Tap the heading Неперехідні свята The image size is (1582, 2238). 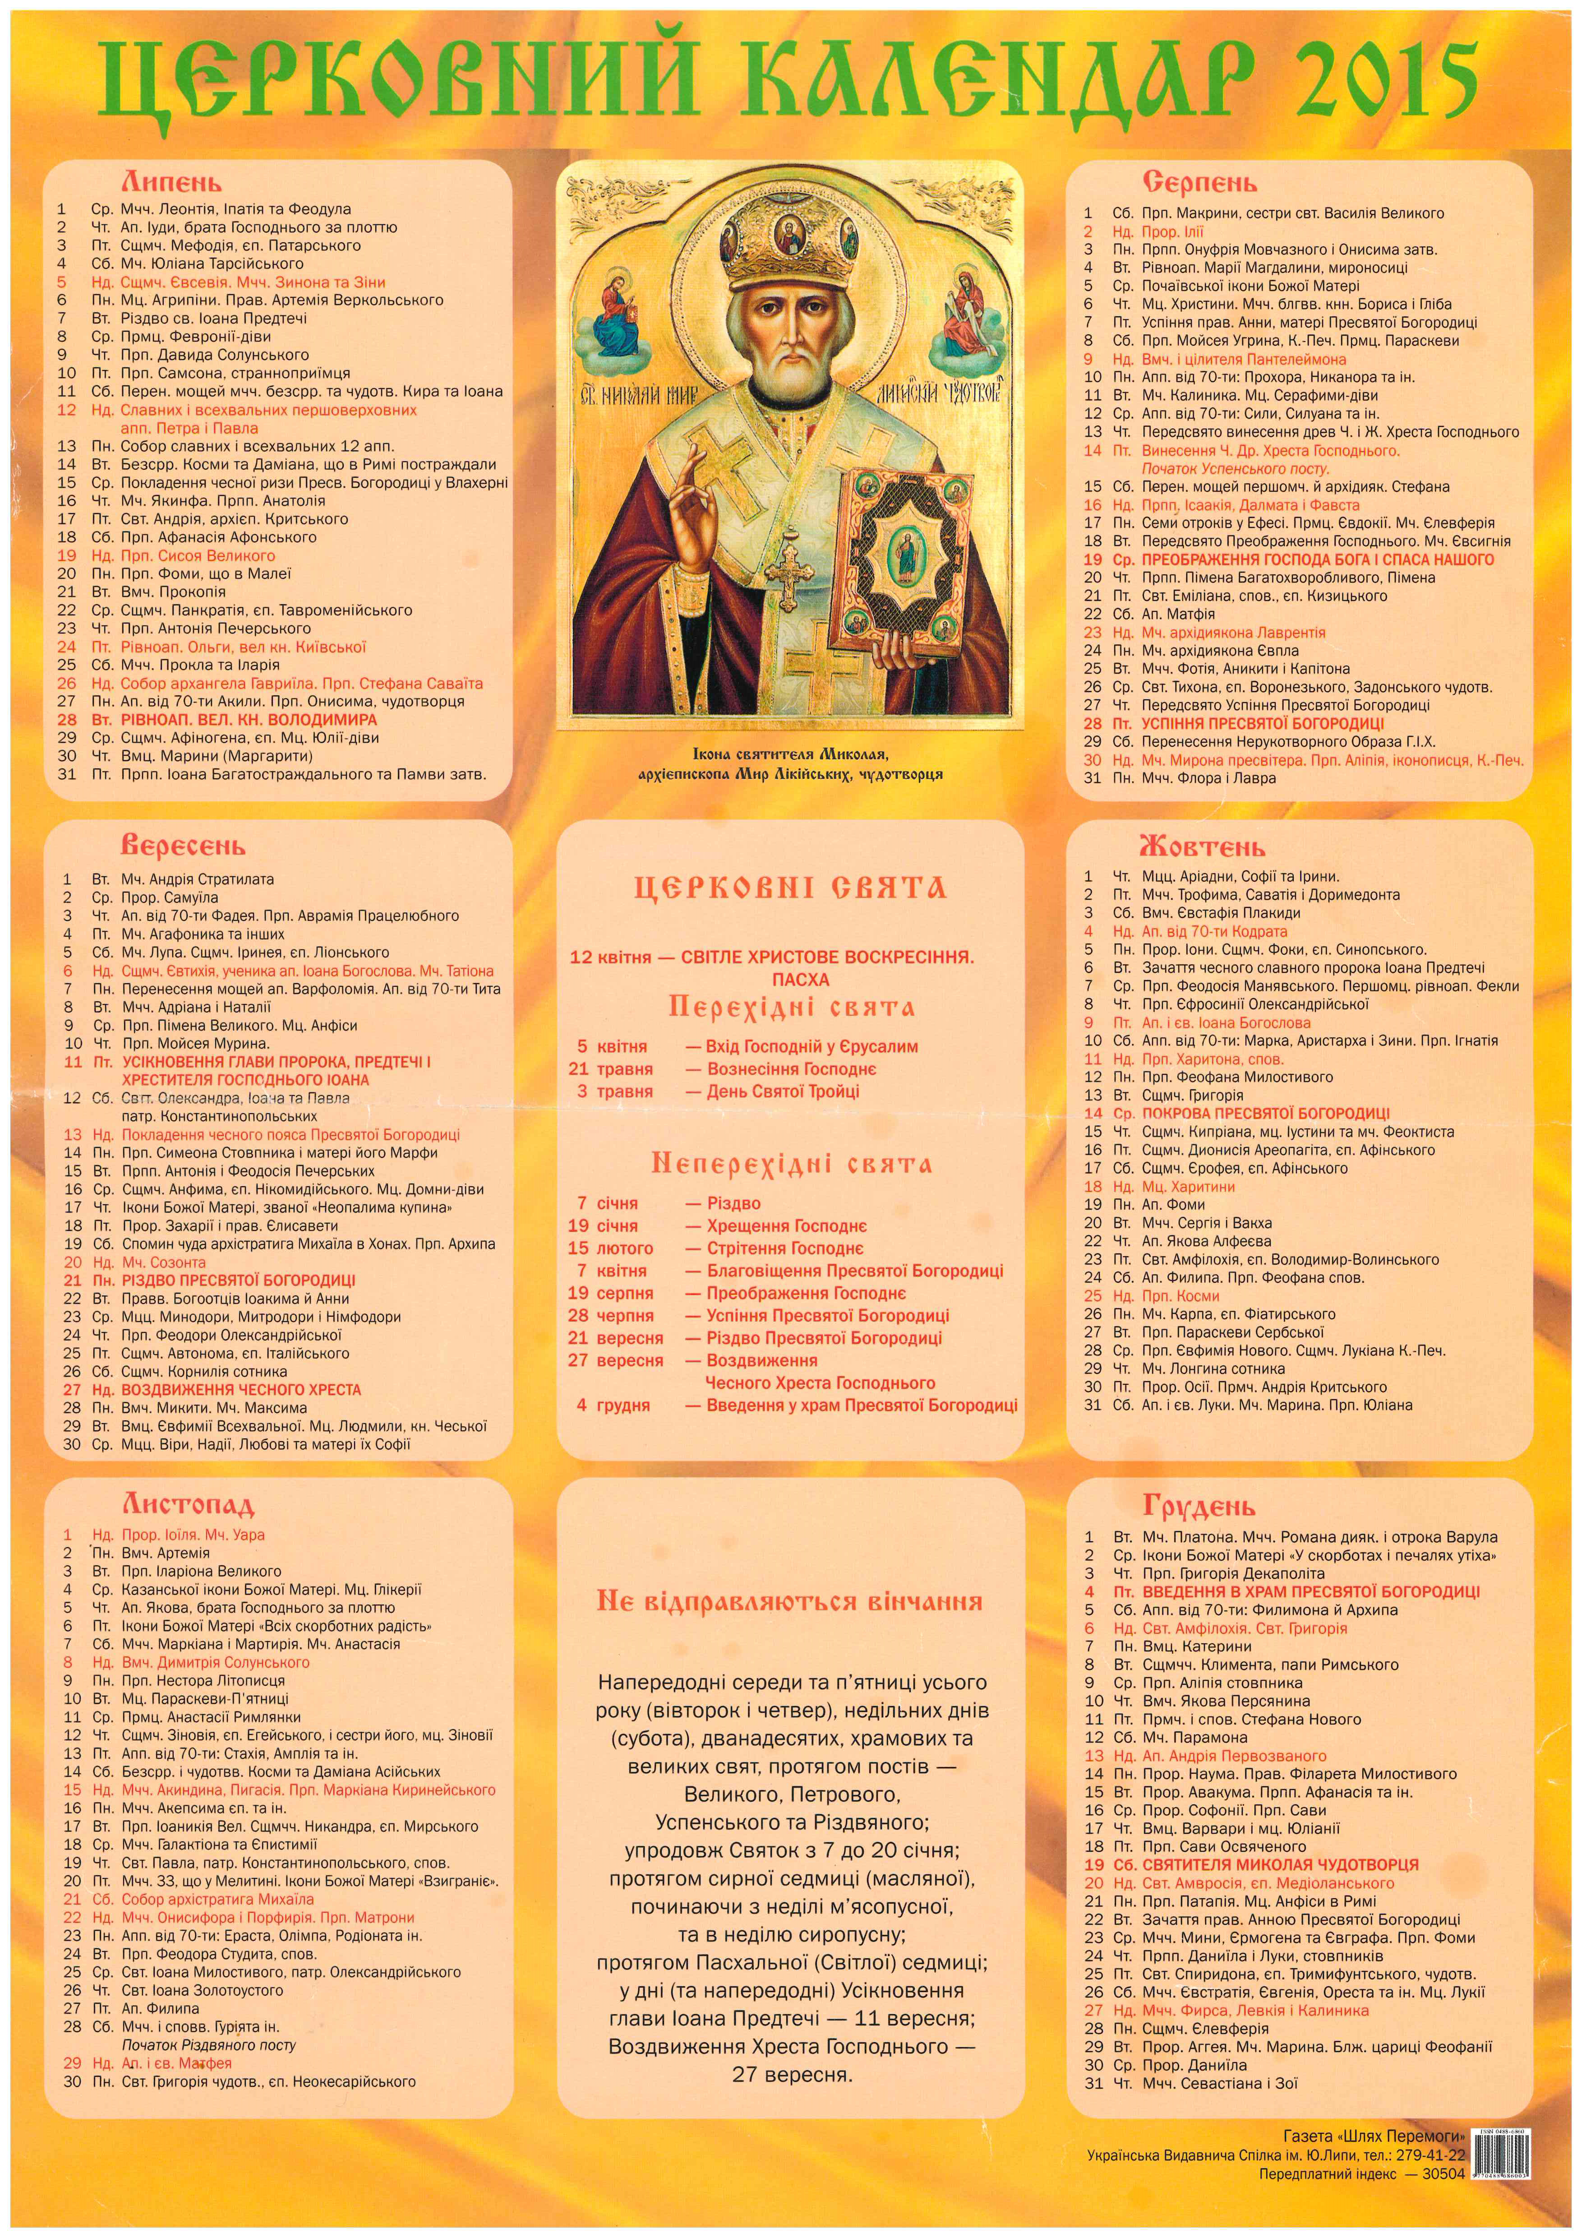coord(790,1164)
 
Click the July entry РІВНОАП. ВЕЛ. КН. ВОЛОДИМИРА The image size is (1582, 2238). coord(249,719)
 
